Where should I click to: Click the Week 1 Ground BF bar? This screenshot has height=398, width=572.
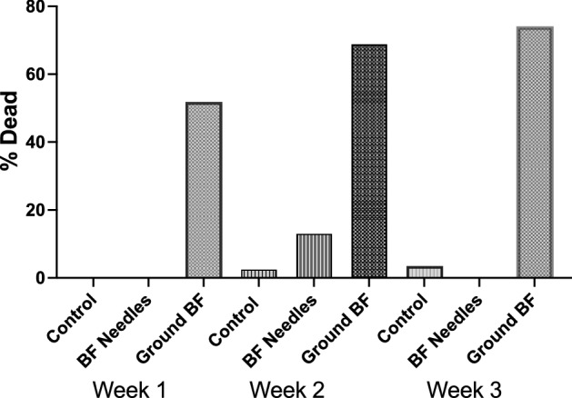[x=203, y=190]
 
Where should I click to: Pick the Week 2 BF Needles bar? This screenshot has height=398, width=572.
[x=314, y=255]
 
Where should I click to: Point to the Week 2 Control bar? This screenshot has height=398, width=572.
[x=258, y=273]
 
